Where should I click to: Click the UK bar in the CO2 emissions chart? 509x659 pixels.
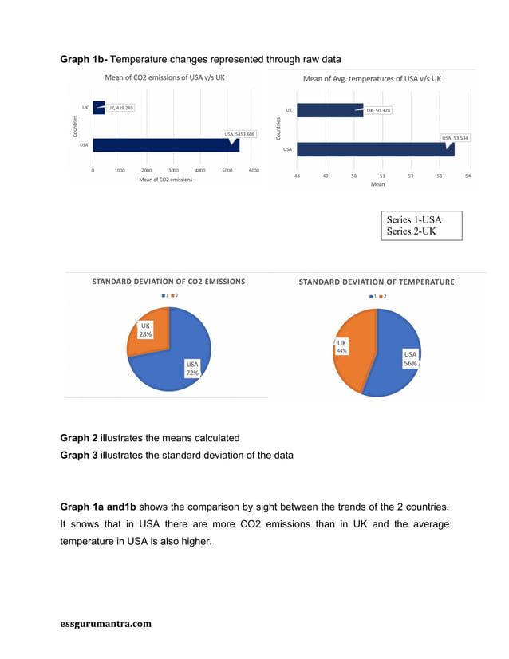click(98, 108)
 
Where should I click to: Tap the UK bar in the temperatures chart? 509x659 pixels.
click(329, 110)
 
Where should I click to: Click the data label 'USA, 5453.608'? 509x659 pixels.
click(239, 134)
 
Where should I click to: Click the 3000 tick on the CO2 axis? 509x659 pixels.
click(173, 170)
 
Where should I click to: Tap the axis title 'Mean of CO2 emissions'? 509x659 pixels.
click(165, 180)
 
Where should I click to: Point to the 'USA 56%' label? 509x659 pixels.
click(410, 358)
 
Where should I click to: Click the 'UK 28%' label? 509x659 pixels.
click(145, 329)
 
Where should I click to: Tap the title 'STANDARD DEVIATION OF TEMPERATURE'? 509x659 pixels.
click(377, 282)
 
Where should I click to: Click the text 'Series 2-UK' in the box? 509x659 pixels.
click(411, 231)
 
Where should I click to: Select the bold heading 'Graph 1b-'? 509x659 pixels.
click(84, 60)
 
